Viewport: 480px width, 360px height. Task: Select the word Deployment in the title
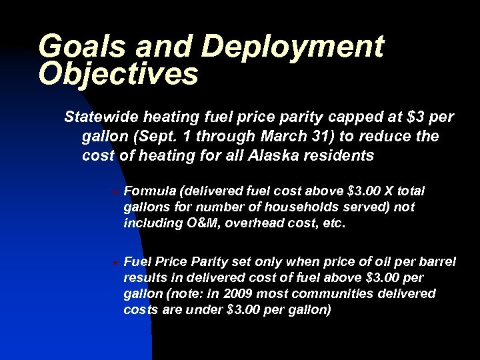293,47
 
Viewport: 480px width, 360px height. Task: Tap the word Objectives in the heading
119,74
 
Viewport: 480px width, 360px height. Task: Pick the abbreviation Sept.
151,137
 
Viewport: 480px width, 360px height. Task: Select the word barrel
437,261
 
